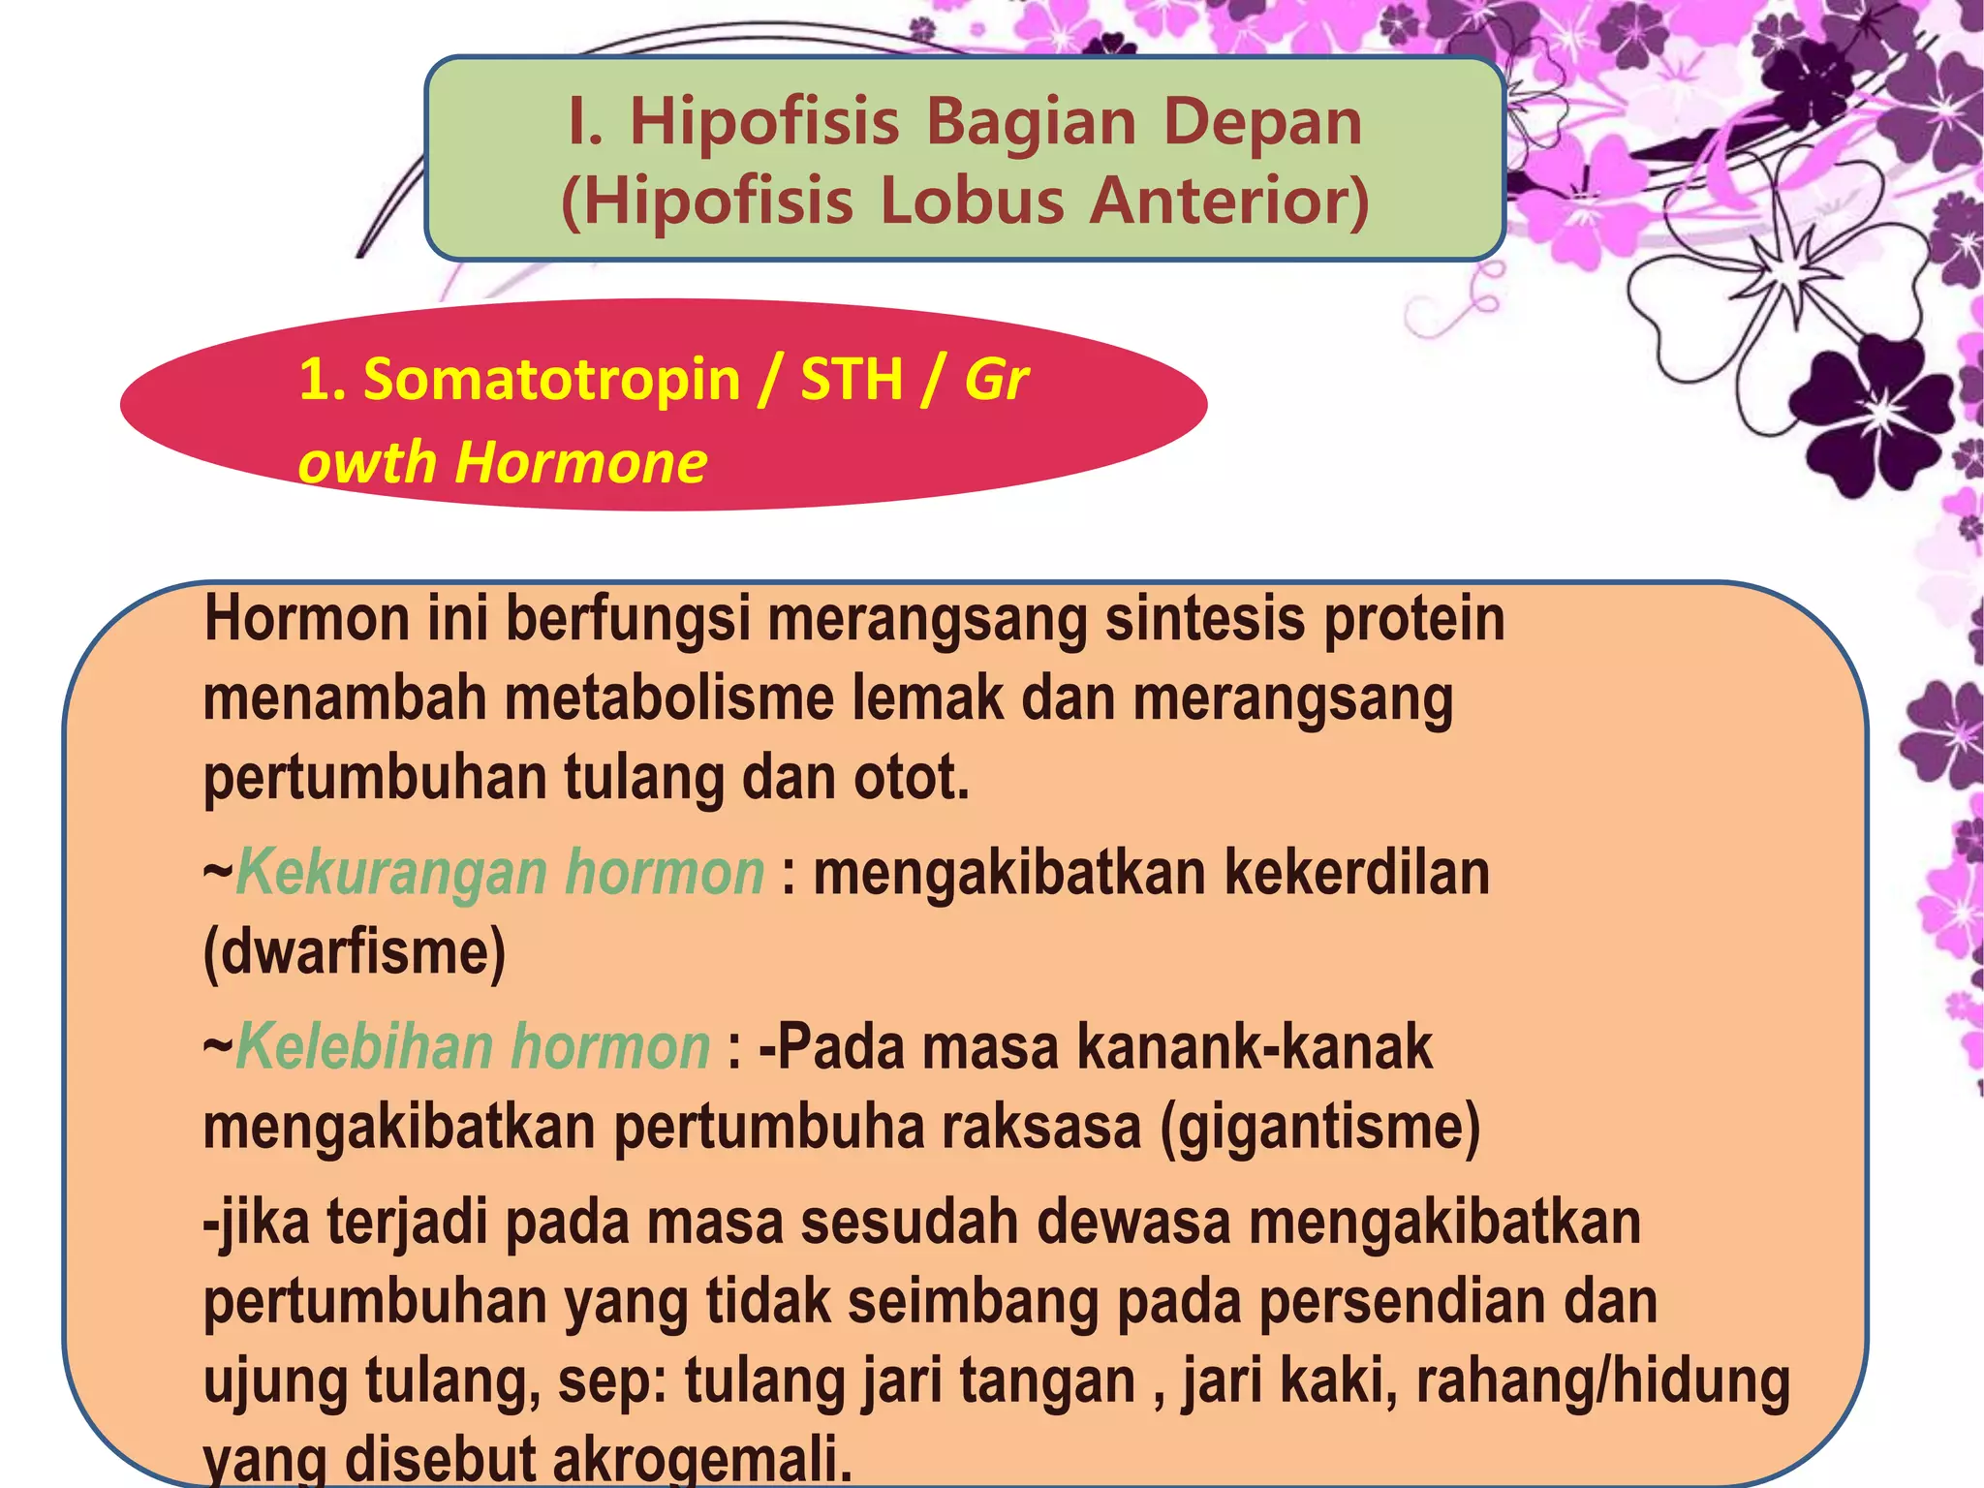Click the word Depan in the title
(1262, 123)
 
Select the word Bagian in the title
(1031, 123)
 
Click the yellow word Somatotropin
(551, 379)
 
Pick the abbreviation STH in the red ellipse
(852, 379)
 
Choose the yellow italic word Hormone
(581, 462)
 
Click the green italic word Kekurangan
(392, 872)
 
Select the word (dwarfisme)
(355, 952)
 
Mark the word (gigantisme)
(1320, 1128)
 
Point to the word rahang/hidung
(1603, 1380)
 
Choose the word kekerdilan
(1357, 872)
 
